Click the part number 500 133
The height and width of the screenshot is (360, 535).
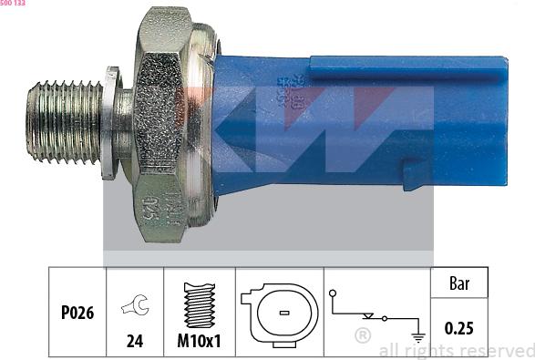[x=14, y=4]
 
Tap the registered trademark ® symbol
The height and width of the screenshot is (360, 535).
[x=362, y=335]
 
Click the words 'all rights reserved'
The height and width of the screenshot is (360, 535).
[x=456, y=350]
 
